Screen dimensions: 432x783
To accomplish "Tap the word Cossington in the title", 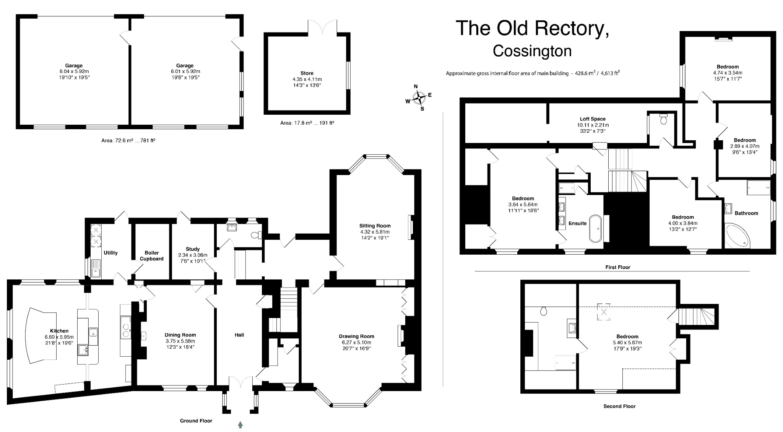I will point(532,51).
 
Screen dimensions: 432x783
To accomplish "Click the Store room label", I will point(307,73).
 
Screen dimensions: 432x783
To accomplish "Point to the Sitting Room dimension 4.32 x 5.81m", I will point(375,232).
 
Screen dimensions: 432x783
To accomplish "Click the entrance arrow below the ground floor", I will point(240,424).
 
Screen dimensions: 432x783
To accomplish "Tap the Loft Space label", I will point(593,119).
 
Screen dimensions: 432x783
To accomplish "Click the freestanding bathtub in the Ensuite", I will point(595,228).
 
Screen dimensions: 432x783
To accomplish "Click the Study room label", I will point(193,249).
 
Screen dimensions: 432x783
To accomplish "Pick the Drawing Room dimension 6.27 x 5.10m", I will point(356,342).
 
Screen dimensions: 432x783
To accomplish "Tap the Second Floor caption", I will point(619,406).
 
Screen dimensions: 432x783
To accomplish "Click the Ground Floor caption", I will point(196,421).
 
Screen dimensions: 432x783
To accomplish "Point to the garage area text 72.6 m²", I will point(128,140).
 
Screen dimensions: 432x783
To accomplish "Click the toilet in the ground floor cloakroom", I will point(256,235).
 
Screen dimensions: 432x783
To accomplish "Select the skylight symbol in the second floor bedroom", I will point(604,312).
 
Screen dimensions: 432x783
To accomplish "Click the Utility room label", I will point(110,253).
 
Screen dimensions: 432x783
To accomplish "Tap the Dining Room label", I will point(180,335).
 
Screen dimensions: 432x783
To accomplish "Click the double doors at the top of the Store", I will point(323,27).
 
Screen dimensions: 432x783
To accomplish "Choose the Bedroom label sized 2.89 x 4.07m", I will point(744,140).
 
